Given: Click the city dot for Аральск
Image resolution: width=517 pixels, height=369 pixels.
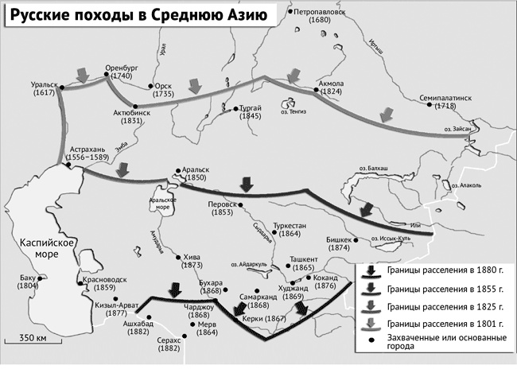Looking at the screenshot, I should click(x=175, y=169).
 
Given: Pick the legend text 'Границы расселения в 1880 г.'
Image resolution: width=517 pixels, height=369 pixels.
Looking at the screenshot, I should click(x=445, y=270).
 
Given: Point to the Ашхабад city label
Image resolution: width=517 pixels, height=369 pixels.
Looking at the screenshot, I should click(x=138, y=324).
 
